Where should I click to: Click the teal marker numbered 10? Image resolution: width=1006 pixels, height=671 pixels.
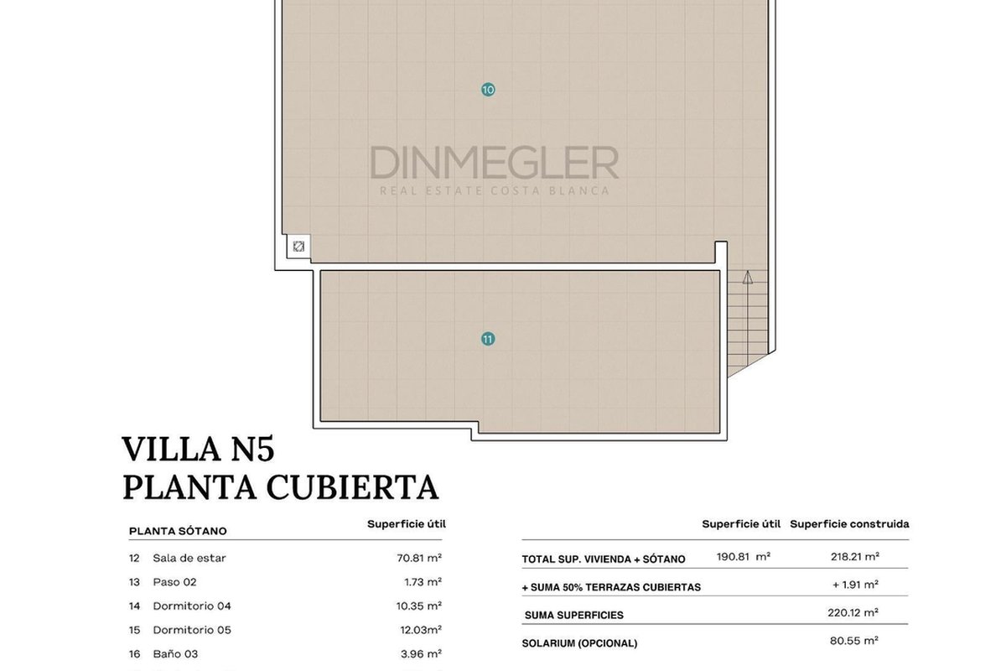click(488, 90)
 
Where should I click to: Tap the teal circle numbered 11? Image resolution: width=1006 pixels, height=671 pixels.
click(488, 339)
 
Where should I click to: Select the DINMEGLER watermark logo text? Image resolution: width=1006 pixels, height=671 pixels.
click(495, 163)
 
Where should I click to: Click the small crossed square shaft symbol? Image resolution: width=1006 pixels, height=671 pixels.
click(298, 247)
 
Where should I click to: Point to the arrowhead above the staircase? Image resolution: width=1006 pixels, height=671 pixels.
click(747, 278)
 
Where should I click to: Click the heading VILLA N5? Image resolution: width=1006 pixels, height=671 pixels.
click(198, 449)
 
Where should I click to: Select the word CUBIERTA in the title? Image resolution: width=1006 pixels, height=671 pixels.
click(353, 487)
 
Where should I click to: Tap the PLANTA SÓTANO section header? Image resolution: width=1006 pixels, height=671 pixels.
click(178, 531)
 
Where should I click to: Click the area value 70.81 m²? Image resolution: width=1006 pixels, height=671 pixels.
click(419, 559)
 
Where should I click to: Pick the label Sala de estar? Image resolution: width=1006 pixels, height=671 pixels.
click(189, 559)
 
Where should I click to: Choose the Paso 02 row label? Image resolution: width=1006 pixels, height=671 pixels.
click(174, 582)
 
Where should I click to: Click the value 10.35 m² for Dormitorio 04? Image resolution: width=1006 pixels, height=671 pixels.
click(419, 606)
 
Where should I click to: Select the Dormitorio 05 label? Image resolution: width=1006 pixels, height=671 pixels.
click(192, 630)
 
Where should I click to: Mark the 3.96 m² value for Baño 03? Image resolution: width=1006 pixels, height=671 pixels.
click(421, 654)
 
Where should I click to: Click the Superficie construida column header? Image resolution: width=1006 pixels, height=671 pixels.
click(849, 524)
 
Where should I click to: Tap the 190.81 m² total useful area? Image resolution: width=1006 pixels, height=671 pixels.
click(744, 557)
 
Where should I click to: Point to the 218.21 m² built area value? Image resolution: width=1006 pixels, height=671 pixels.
click(854, 557)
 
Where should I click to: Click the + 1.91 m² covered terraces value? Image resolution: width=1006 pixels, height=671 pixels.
click(855, 585)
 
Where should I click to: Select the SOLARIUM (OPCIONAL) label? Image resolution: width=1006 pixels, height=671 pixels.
click(579, 643)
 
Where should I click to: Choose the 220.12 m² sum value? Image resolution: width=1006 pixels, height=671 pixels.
click(853, 612)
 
